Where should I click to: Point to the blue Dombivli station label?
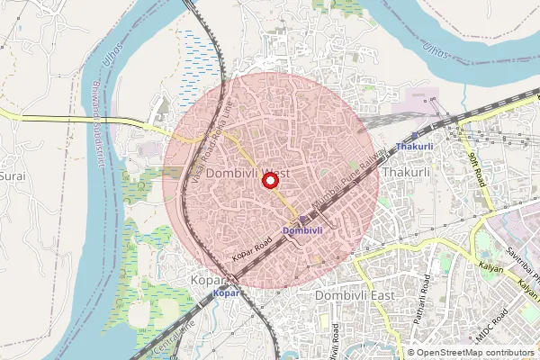point(301,230)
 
